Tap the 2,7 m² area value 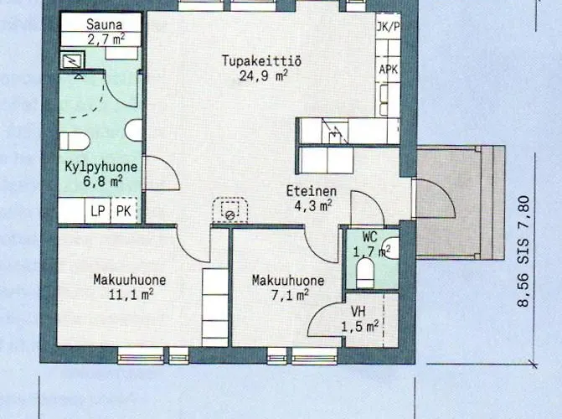click(104, 39)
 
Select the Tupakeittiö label click(250, 60)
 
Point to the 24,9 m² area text click(250, 75)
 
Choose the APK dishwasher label click(388, 69)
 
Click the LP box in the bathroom click(98, 211)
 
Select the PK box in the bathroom click(124, 211)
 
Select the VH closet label click(358, 311)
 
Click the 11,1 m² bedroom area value click(129, 294)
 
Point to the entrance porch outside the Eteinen click(459, 201)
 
